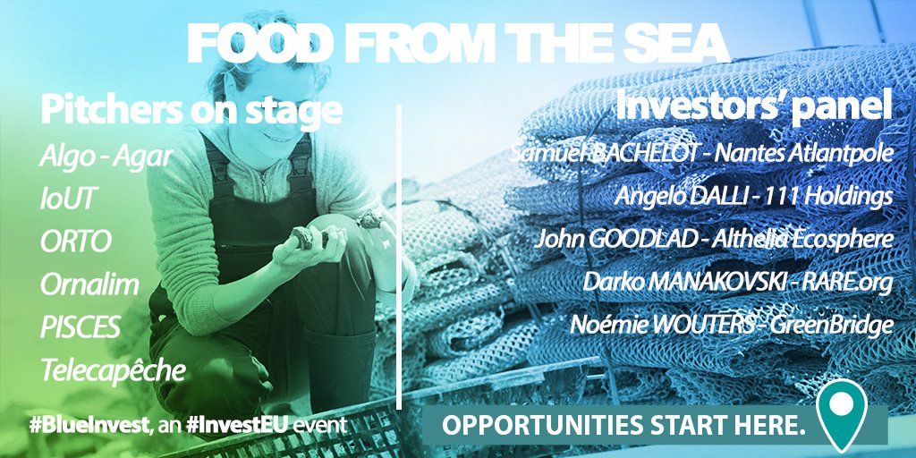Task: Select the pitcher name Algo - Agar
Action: (106, 157)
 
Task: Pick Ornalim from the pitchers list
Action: (90, 284)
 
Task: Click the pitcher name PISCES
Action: (81, 327)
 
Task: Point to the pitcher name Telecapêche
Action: (113, 369)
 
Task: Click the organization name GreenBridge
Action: (832, 325)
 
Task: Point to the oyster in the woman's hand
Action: (303, 236)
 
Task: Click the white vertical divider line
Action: (399, 257)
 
